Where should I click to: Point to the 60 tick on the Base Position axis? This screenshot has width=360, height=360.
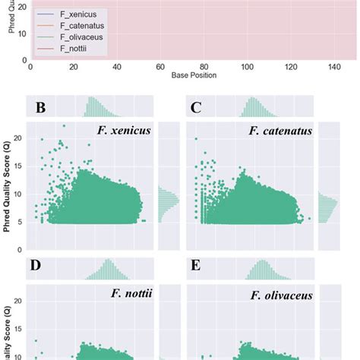(116, 68)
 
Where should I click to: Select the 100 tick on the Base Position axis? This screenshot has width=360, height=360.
(203, 68)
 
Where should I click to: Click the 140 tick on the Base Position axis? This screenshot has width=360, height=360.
(289, 68)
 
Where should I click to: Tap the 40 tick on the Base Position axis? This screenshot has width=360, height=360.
(73, 68)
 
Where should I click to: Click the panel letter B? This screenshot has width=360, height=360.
(40, 107)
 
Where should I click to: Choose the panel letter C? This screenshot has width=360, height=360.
(195, 107)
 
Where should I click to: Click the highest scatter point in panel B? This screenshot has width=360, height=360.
(64, 125)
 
